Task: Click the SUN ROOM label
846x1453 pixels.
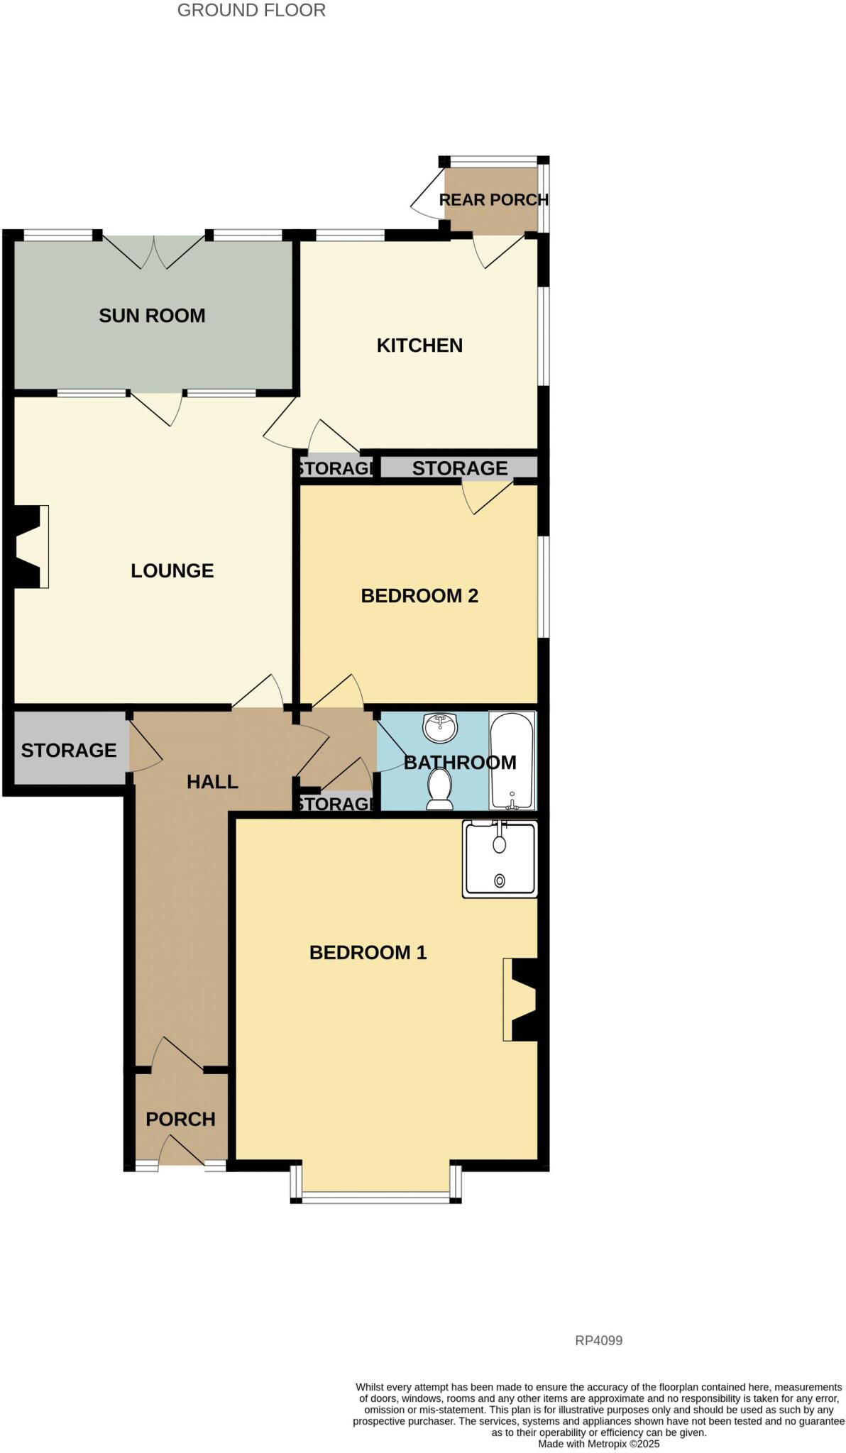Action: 152,316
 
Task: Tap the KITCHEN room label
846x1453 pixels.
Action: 419,346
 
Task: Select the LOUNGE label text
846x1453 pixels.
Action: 172,570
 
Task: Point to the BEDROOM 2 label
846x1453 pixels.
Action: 419,595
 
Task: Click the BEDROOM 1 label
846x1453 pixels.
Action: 368,952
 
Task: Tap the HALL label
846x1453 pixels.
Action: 212,782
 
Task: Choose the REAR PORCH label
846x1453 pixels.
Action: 493,200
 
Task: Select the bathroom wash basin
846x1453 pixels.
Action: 441,727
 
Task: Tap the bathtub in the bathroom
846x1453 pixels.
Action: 512,760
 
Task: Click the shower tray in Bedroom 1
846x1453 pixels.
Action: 500,858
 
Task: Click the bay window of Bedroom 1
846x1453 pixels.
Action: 376,1198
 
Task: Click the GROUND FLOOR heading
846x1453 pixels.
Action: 251,11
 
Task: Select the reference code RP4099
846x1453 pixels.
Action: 598,1340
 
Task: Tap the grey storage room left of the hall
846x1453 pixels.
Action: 69,750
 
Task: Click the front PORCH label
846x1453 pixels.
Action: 180,1119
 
